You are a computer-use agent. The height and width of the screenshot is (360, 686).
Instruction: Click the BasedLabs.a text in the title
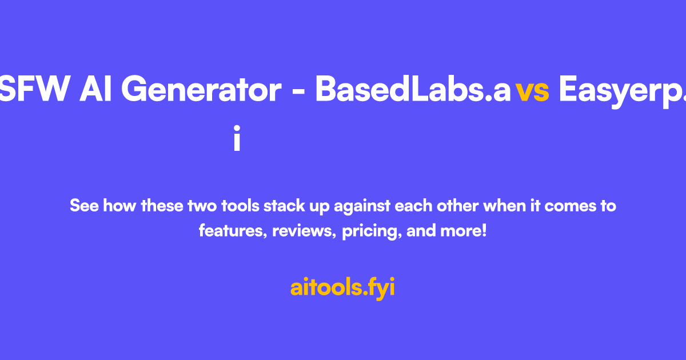[x=413, y=90]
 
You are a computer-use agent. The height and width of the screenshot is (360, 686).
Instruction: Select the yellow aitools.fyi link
[x=342, y=287]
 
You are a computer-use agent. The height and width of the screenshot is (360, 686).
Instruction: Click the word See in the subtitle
[x=84, y=205]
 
